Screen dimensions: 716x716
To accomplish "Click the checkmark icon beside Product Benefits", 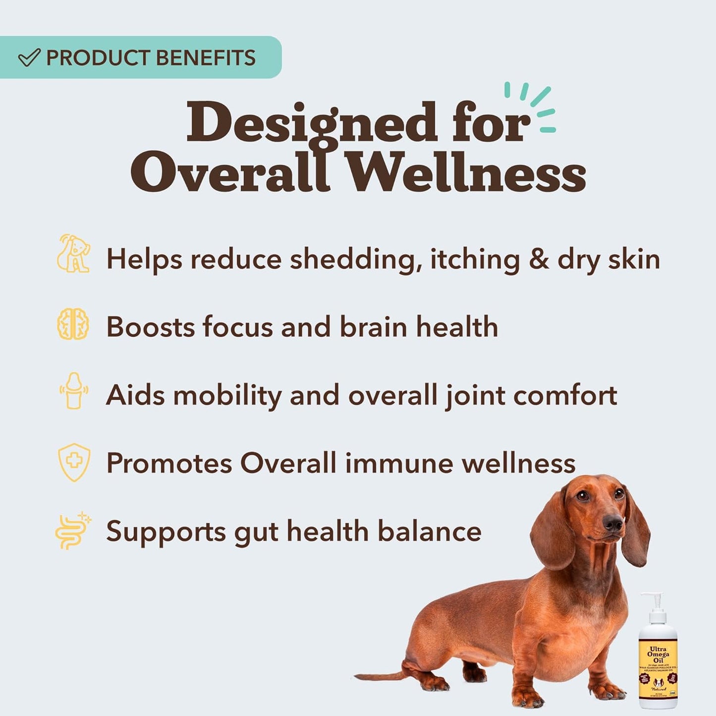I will pyautogui.click(x=29, y=58).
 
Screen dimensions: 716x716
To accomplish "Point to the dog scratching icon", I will pyautogui.click(x=73, y=253).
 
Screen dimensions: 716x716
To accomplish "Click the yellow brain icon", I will pyautogui.click(x=73, y=324).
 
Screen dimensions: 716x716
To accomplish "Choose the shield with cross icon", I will pyautogui.click(x=74, y=462).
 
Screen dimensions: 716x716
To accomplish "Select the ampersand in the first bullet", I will pyautogui.click(x=539, y=260).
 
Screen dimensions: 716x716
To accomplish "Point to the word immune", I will pyautogui.click(x=399, y=463).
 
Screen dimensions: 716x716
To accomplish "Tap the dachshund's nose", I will pyautogui.click(x=614, y=523).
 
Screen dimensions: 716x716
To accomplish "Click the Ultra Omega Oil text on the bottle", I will pyautogui.click(x=658, y=655).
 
